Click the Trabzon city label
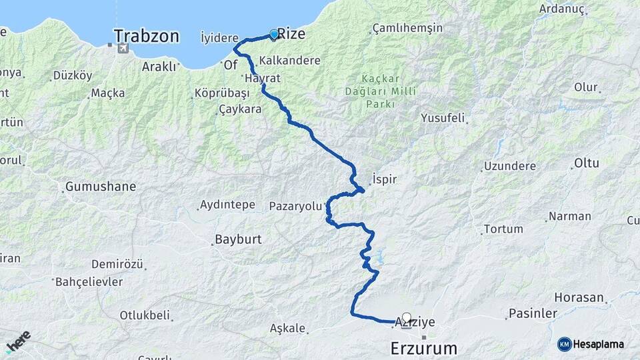(147, 36)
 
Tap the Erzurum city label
(424, 348)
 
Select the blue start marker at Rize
(273, 34)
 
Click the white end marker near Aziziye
(406, 318)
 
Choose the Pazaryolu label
(295, 206)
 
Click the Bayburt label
(238, 239)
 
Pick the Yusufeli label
(443, 119)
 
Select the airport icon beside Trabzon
(122, 47)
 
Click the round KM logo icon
(564, 344)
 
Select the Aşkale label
(288, 328)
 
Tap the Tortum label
(503, 229)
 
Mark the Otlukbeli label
(145, 315)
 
